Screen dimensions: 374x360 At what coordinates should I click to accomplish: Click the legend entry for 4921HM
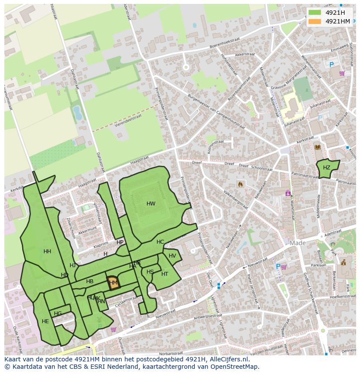click(x=337, y=21)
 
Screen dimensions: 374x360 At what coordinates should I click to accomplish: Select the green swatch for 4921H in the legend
click(x=315, y=13)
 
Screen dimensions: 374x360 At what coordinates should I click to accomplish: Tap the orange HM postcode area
click(x=113, y=282)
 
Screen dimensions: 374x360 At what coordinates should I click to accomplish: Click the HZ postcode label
click(x=327, y=168)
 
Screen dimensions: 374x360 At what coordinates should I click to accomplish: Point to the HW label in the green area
click(x=151, y=204)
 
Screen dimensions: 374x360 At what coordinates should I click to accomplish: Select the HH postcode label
click(x=47, y=252)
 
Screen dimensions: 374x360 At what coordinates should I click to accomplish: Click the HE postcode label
click(x=45, y=321)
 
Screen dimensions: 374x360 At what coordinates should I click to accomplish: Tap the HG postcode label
click(x=58, y=314)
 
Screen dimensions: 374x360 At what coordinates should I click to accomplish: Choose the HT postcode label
click(x=165, y=274)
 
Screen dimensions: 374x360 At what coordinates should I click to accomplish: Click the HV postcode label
click(x=173, y=256)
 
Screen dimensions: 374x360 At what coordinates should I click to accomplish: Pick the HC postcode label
click(x=160, y=242)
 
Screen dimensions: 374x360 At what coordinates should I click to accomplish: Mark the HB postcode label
click(x=90, y=281)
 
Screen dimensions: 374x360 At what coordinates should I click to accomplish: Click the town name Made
click(x=298, y=243)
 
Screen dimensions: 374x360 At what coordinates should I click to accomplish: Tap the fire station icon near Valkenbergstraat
click(x=240, y=184)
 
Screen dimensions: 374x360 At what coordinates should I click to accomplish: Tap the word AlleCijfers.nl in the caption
click(x=228, y=359)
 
